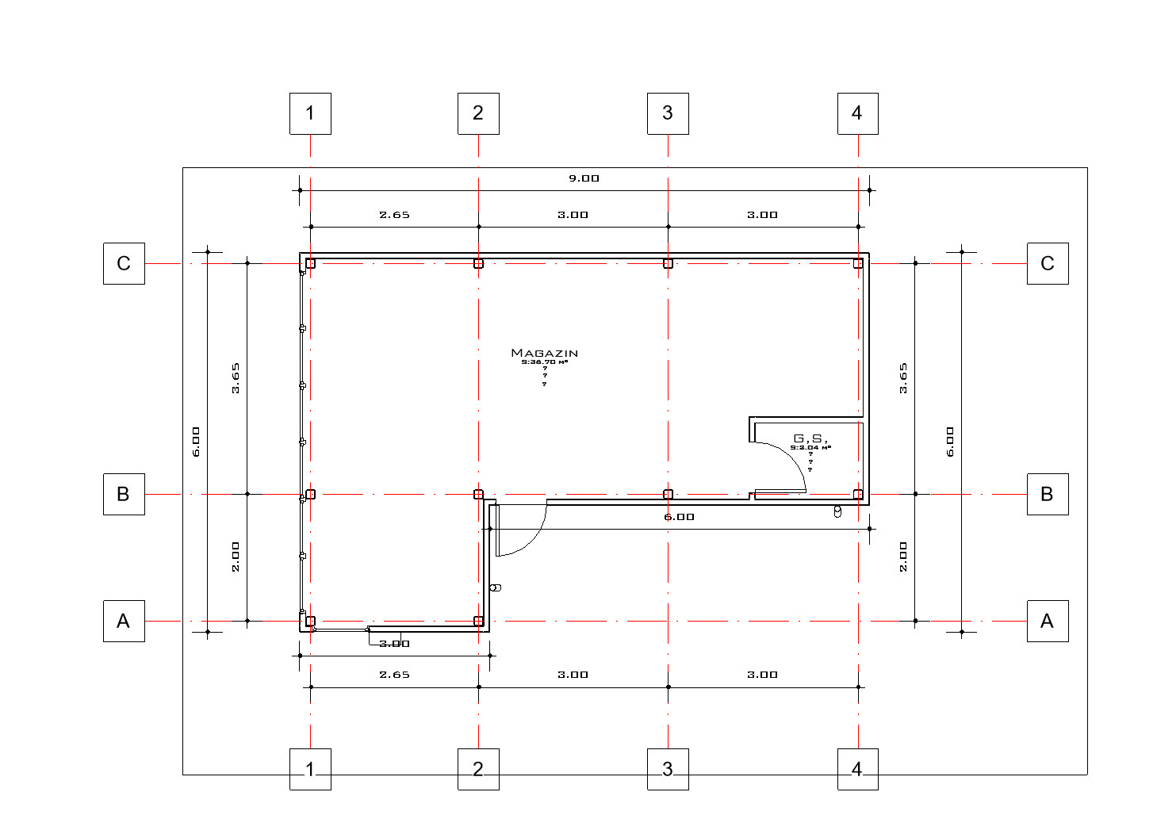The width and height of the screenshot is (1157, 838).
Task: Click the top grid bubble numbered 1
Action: click(x=310, y=113)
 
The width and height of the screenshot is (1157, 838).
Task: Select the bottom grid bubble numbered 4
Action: click(x=857, y=769)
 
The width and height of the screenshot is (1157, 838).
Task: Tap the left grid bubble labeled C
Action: click(x=124, y=263)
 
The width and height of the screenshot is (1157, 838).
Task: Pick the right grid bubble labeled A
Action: click(x=1047, y=621)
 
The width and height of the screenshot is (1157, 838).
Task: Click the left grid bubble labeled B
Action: click(x=124, y=494)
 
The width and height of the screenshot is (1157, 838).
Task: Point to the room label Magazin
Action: click(x=544, y=353)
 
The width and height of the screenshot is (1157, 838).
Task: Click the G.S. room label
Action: click(x=810, y=438)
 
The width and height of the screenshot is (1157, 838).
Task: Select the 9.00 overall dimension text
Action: click(x=584, y=178)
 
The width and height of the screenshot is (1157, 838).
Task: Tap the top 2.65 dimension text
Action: click(x=394, y=215)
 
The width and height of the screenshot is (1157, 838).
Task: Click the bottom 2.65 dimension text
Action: click(x=394, y=675)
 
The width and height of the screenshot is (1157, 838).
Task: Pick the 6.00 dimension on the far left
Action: click(x=196, y=442)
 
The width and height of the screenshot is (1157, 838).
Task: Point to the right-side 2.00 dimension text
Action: click(x=903, y=557)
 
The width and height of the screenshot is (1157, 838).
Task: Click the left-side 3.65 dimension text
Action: click(x=236, y=378)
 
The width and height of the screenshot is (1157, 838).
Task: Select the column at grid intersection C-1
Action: click(x=310, y=263)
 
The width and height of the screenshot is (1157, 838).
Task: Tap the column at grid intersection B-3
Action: click(x=668, y=494)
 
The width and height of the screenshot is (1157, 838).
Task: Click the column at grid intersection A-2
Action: click(x=478, y=621)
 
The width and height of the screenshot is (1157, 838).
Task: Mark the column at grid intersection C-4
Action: click(x=857, y=263)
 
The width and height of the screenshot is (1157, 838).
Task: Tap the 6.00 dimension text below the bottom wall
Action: click(x=679, y=517)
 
